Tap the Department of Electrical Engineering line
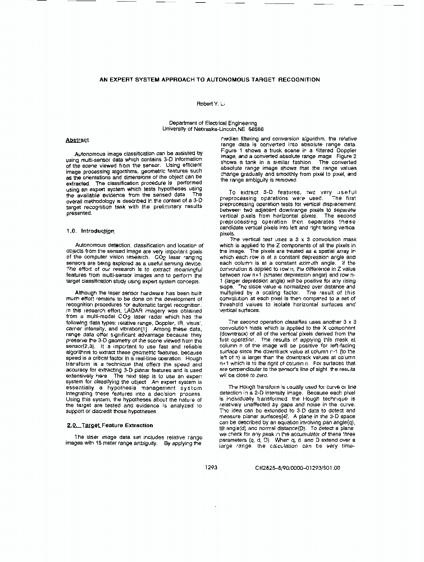pos(213,123)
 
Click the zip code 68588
pos(257,129)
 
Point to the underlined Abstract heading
pos(77,140)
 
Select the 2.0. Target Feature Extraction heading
pos(106,425)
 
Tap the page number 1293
pos(211,467)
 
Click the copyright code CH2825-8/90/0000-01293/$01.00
pos(297,467)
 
